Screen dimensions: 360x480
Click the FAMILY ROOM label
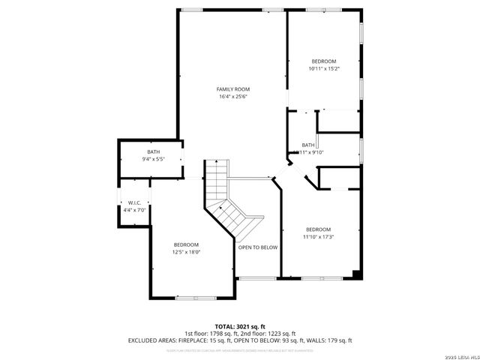coord(232,89)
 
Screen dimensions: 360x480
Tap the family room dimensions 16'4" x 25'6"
coord(232,96)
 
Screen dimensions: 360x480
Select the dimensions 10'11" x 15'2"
coord(323,68)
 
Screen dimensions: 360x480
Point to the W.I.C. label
coord(135,202)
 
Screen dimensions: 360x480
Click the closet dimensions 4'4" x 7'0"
coord(135,209)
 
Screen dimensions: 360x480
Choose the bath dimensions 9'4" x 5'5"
coord(153,159)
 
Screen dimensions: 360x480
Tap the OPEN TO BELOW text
coord(258,247)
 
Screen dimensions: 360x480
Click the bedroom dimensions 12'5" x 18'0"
coord(186,252)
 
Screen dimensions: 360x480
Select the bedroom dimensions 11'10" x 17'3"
coord(318,237)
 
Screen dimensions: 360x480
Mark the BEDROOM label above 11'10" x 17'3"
coord(318,229)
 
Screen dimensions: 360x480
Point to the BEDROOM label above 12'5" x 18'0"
coord(186,244)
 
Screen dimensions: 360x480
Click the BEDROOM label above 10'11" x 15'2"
coord(323,61)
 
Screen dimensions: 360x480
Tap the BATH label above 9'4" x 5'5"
coord(153,152)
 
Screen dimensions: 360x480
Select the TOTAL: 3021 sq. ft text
coord(239,326)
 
